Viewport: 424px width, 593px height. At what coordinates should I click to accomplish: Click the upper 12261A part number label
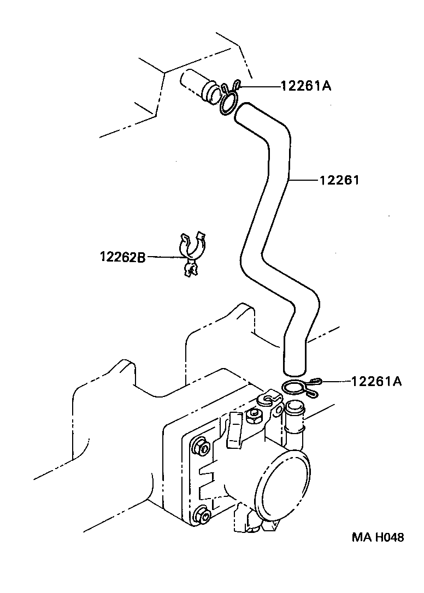click(x=306, y=86)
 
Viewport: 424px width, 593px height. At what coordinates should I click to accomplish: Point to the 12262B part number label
click(x=122, y=257)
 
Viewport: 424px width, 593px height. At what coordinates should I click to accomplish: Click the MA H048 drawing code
click(x=378, y=537)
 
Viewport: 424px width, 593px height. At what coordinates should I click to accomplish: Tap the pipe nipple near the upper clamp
click(x=197, y=85)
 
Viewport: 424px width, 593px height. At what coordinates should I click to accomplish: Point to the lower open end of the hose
click(x=295, y=365)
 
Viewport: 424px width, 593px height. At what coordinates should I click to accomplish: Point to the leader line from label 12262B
click(x=164, y=257)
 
